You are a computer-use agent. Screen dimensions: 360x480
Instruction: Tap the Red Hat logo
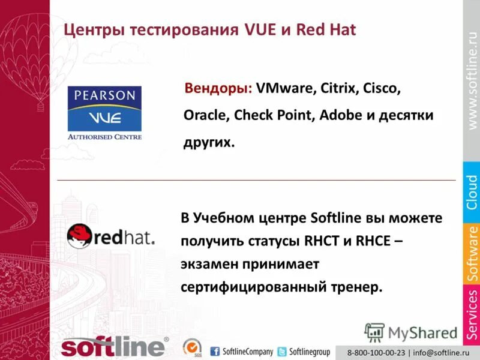[x=111, y=235]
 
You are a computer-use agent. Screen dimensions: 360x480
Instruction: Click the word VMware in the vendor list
[x=281, y=88]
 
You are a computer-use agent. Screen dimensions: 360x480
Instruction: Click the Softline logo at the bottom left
[x=113, y=346]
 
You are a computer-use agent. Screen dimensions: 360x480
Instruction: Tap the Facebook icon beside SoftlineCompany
[x=215, y=351]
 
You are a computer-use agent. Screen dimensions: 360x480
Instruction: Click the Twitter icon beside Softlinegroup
[x=282, y=351]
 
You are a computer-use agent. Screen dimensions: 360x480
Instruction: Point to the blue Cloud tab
[x=472, y=192]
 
